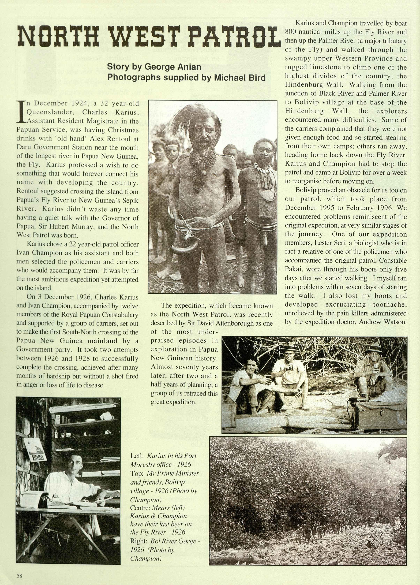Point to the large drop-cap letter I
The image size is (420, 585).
[x=21, y=112]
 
